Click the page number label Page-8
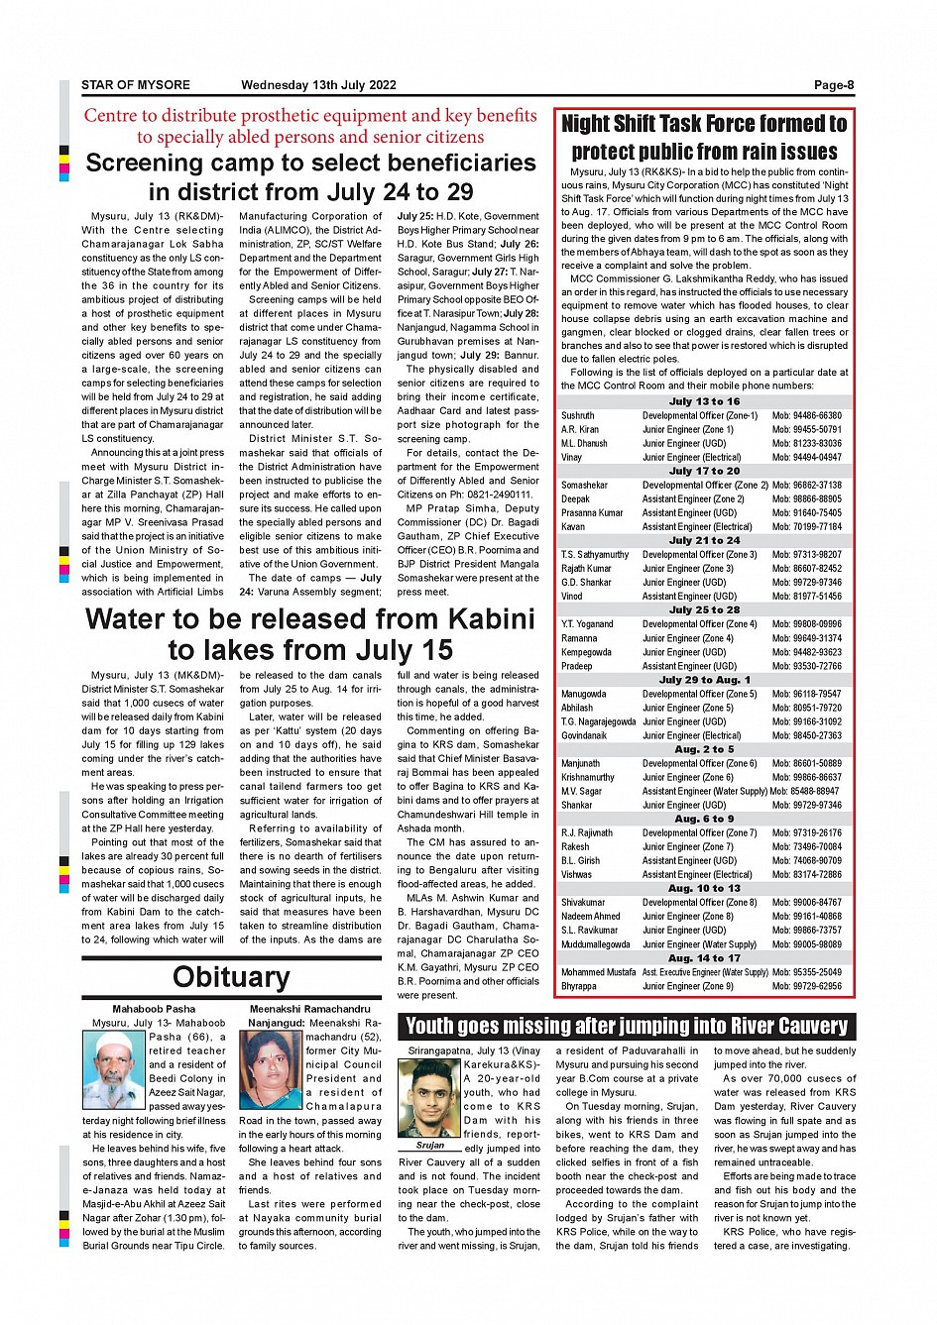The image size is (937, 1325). coord(833,85)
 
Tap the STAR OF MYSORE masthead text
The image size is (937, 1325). coord(136,85)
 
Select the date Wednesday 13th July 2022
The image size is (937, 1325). coord(318,85)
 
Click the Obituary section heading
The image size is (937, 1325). coord(231,977)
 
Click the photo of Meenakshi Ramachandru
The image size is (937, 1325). coord(271,1069)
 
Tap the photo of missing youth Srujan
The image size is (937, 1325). coord(429,1098)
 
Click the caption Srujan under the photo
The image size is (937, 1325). coord(429,1145)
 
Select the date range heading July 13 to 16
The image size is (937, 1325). coord(704,401)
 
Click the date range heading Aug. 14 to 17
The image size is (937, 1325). coord(704,958)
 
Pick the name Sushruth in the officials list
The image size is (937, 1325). coord(578,416)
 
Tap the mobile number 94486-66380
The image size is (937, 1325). coord(807,416)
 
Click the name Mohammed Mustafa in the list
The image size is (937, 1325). coord(598,972)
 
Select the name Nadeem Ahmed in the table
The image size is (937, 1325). coord(590,917)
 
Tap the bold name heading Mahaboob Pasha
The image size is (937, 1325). coord(154,1009)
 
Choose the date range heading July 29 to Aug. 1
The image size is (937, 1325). coord(704,680)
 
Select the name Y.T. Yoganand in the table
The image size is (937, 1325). coord(587,624)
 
